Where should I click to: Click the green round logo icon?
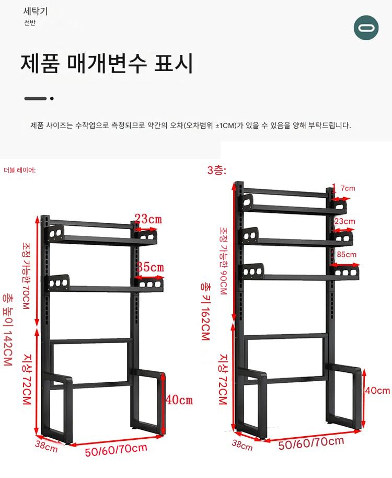[x=366, y=28]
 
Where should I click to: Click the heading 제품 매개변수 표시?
[x=107, y=63]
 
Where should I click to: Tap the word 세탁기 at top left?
[x=36, y=12]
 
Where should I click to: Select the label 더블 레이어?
[x=20, y=170]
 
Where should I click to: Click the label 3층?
[x=217, y=170]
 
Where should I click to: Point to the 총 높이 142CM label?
[x=8, y=329]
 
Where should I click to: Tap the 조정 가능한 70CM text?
[x=26, y=276]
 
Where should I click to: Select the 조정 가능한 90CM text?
[x=223, y=261]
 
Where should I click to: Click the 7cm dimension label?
[x=348, y=188]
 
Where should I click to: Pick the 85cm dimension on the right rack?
[x=347, y=254]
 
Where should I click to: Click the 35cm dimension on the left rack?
[x=150, y=267]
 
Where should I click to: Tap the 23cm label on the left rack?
[x=148, y=219]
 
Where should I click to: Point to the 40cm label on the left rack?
[x=179, y=400]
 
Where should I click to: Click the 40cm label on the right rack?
[x=378, y=391]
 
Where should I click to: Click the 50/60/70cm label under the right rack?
[x=312, y=442]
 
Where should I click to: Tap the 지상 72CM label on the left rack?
[x=27, y=379]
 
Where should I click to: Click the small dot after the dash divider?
[x=52, y=98]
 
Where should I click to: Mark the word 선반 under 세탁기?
[x=30, y=23]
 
